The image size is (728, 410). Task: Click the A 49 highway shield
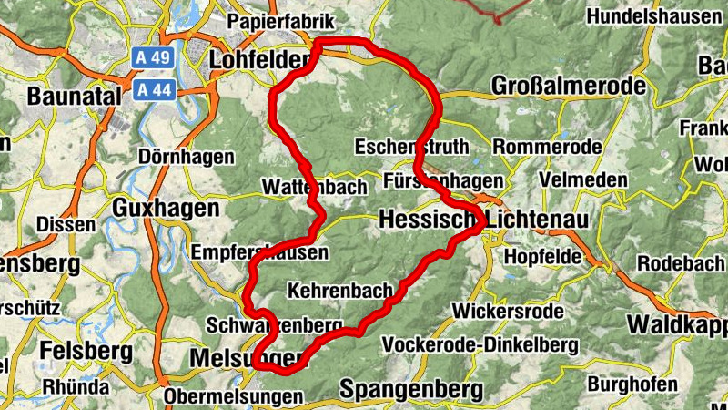[152, 56]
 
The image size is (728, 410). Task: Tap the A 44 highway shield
[152, 89]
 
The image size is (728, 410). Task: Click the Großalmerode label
[569, 86]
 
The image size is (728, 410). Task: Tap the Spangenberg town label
[411, 390]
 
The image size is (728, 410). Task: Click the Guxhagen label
[166, 209]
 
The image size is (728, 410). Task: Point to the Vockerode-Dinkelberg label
[481, 345]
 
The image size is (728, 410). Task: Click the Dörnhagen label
[187, 157]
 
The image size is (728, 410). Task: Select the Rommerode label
[546, 147]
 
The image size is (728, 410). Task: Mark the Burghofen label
[633, 384]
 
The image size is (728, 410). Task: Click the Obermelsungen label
[233, 397]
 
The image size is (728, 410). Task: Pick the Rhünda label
[75, 384]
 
